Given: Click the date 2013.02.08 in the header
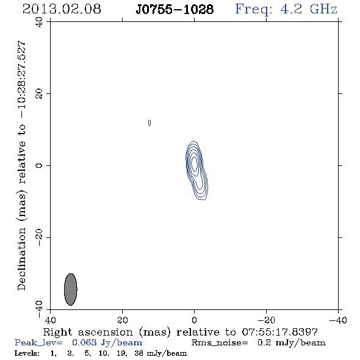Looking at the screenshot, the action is point(62,9).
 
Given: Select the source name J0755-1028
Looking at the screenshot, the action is point(175,9).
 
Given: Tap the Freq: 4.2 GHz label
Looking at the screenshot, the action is point(286,10).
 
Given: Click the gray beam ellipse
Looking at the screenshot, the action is point(71,289).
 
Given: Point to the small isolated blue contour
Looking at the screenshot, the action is point(149,123).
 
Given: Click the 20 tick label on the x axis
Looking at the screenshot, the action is point(123,320).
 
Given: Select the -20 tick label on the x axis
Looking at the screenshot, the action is point(266,320).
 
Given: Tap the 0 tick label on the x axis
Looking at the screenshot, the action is point(194,320).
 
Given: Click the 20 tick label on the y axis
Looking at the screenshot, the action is point(39,94).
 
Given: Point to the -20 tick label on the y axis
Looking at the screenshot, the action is point(39,237).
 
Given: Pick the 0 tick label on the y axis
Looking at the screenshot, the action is point(39,165).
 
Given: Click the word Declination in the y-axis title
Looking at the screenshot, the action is point(21,259).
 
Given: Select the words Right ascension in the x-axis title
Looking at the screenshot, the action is point(88,332).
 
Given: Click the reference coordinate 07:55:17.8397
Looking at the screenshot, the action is point(280,332).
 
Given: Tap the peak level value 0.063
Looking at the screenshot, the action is point(84,342).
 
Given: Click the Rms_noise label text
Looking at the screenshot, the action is point(220,343).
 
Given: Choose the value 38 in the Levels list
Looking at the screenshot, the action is point(139,353).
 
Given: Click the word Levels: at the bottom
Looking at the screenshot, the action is point(27,353).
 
